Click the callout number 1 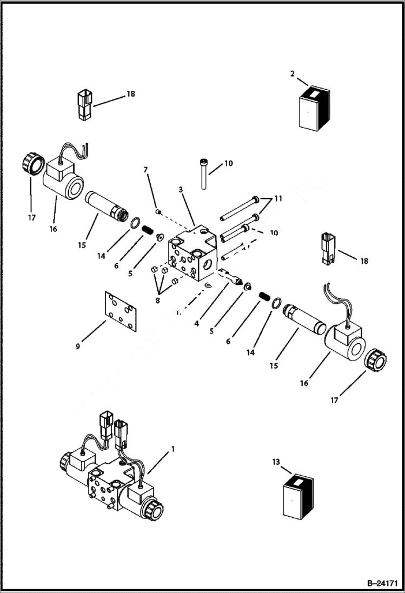(x=173, y=449)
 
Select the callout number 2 (x=293, y=74)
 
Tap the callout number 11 (x=278, y=198)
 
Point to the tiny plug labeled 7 (x=157, y=211)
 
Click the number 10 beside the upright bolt (x=229, y=163)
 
